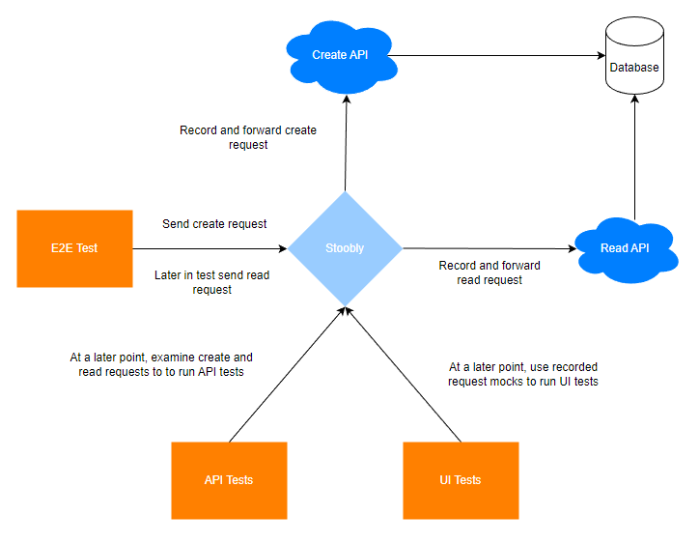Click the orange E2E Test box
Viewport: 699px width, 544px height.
pyautogui.click(x=75, y=248)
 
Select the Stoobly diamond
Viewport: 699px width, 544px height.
pyautogui.click(x=345, y=248)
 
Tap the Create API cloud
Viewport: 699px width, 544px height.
pyautogui.click(x=342, y=57)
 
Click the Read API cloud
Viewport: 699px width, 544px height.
pyautogui.click(x=627, y=250)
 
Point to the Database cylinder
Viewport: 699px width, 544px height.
pyautogui.click(x=635, y=56)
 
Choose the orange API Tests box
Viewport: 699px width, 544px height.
pyautogui.click(x=229, y=480)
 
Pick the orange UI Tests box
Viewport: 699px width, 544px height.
pyautogui.click(x=461, y=480)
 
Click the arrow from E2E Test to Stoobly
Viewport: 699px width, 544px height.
pyautogui.click(x=210, y=248)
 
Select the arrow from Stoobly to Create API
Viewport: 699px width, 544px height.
pyautogui.click(x=346, y=143)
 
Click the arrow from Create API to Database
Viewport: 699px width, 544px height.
pyautogui.click(x=496, y=56)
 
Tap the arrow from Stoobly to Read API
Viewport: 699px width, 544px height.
pyautogui.click(x=489, y=248)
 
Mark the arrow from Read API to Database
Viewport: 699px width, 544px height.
pyautogui.click(x=635, y=157)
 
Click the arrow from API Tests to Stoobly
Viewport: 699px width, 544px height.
pyautogui.click(x=287, y=374)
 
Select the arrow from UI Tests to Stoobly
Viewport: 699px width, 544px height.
pyautogui.click(x=403, y=374)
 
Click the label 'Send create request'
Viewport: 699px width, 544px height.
pyautogui.click(x=214, y=224)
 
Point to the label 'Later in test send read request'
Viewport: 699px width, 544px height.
pyautogui.click(x=212, y=282)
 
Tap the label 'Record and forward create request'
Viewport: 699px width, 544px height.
pyautogui.click(x=248, y=137)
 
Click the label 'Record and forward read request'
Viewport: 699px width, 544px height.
pyautogui.click(x=489, y=272)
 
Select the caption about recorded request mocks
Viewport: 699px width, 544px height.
pyautogui.click(x=523, y=374)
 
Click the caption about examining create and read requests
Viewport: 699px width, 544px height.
pyautogui.click(x=161, y=364)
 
